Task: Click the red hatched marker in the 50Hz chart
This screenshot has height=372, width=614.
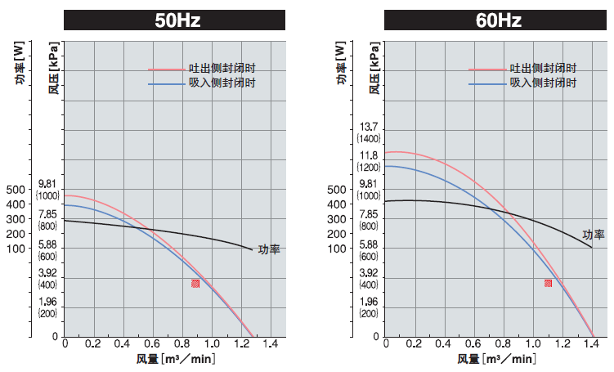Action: pyautogui.click(x=195, y=284)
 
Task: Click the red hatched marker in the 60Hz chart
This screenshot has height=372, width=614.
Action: pyautogui.click(x=549, y=283)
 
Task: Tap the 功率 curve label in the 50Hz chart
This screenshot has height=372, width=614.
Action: pyautogui.click(x=268, y=249)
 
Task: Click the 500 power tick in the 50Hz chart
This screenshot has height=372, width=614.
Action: pyautogui.click(x=16, y=190)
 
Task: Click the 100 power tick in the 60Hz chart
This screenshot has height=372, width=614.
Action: pyautogui.click(x=338, y=249)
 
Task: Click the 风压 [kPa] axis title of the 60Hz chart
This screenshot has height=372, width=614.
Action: pyautogui.click(x=374, y=66)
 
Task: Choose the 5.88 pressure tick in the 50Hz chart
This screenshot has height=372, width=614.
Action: pyautogui.click(x=47, y=245)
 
